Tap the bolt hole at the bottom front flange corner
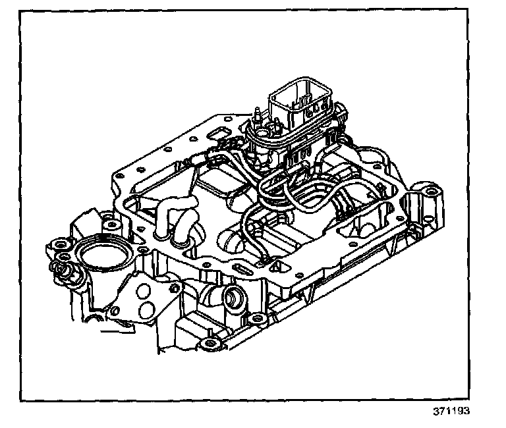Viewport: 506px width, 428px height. click(210, 343)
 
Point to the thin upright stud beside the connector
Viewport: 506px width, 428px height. click(256, 119)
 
